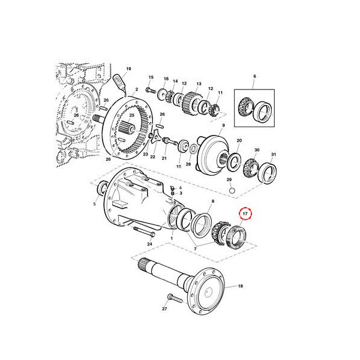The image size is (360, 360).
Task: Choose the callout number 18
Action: [x=241, y=287]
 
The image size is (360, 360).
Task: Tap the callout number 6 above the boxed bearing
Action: [x=254, y=76]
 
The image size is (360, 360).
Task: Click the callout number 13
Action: [x=198, y=84]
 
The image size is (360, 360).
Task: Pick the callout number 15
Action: [x=151, y=77]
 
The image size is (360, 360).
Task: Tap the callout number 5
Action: [x=94, y=203]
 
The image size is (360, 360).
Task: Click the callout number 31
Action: [x=274, y=154]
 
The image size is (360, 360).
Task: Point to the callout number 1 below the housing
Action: [x=172, y=238]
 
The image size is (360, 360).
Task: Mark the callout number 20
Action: [x=239, y=142]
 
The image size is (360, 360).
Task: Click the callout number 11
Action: [x=220, y=93]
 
